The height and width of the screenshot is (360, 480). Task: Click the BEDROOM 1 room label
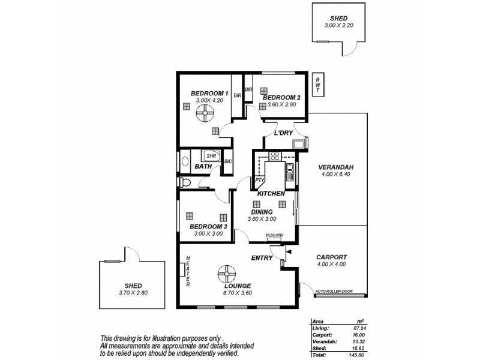pyautogui.click(x=209, y=93)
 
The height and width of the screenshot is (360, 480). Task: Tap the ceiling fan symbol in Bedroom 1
pyautogui.click(x=208, y=110)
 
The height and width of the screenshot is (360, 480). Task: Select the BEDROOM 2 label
pyautogui.click(x=281, y=97)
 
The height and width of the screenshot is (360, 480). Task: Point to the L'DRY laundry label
pyautogui.click(x=283, y=133)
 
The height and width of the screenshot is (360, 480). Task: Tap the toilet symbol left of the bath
pyautogui.click(x=184, y=182)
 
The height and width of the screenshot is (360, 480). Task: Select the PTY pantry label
pyautogui.click(x=260, y=180)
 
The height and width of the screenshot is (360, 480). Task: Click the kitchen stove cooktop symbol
pyautogui.click(x=275, y=157)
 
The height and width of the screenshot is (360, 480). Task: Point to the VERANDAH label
pyautogui.click(x=335, y=167)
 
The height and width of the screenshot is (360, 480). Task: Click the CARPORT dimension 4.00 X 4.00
pyautogui.click(x=331, y=264)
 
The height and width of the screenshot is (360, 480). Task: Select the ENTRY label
pyautogui.click(x=263, y=259)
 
